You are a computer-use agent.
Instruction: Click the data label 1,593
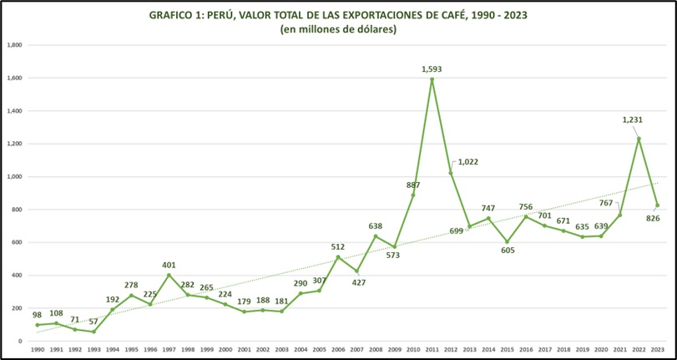(432, 68)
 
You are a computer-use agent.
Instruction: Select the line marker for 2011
(432, 79)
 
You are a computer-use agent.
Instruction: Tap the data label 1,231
(632, 120)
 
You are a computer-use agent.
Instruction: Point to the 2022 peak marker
(639, 139)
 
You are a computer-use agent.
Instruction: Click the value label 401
(169, 266)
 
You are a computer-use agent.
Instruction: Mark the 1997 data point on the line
(169, 276)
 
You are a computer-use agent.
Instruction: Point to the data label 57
(93, 322)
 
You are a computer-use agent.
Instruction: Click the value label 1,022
(467, 162)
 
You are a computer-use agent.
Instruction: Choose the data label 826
(653, 219)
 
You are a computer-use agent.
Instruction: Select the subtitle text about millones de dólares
(338, 29)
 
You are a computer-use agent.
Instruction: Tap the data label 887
(412, 185)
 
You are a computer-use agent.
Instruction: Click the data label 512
(338, 246)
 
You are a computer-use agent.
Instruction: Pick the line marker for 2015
(507, 241)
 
